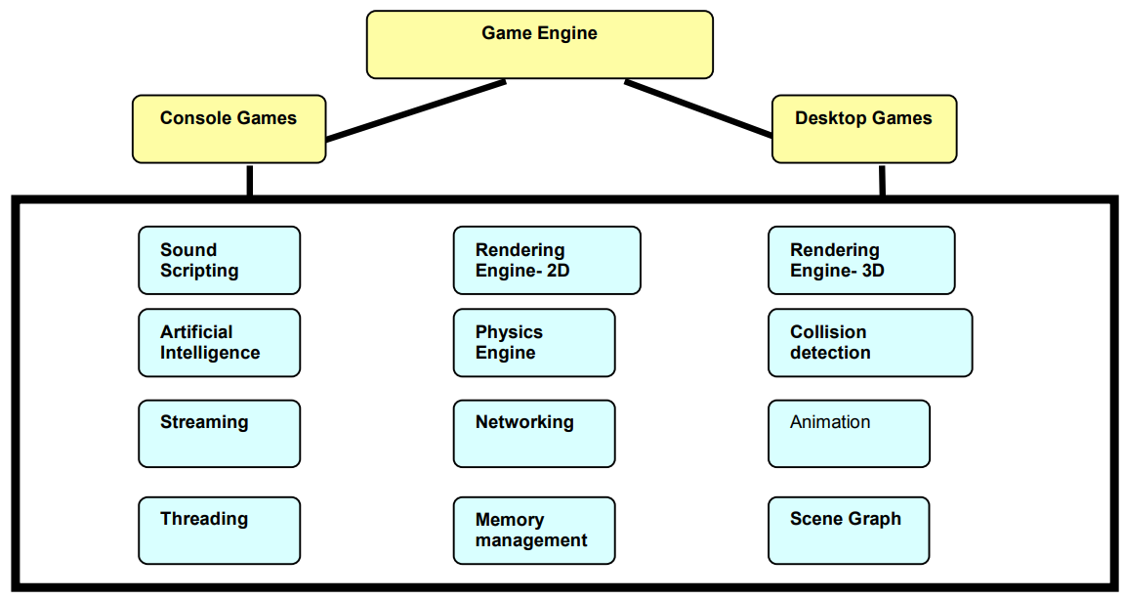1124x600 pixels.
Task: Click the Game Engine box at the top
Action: [540, 45]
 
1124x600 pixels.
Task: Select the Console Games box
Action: [229, 129]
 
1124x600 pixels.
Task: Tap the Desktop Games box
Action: [864, 129]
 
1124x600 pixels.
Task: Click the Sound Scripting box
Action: [220, 261]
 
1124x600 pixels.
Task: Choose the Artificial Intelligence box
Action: [220, 343]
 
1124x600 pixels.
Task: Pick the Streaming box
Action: [220, 434]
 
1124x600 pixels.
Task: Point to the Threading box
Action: [220, 531]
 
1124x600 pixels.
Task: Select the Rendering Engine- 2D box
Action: [547, 261]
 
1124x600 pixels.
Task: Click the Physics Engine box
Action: [534, 343]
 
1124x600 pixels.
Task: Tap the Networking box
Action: [534, 434]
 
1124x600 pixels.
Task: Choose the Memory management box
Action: [534, 531]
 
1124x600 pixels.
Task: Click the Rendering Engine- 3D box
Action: [861, 261]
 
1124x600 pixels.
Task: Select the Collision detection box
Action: [870, 343]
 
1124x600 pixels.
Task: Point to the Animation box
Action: [849, 434]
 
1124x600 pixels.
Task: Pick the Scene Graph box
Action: [849, 531]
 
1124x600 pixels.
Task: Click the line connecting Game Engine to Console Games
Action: [416, 109]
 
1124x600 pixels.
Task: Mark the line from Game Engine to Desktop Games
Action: [698, 108]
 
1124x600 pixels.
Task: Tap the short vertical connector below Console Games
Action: [249, 181]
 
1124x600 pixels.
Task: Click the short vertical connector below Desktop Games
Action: [882, 181]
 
